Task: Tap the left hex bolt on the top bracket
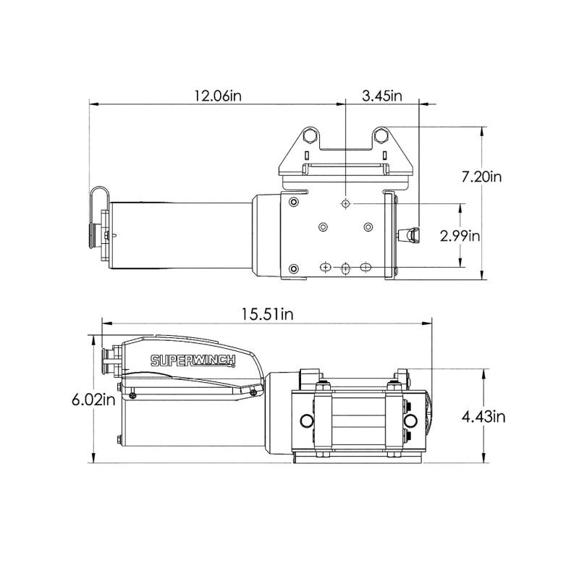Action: point(309,135)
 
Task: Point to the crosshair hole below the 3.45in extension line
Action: point(346,205)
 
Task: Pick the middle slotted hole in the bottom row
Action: point(346,268)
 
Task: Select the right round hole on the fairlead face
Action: point(411,421)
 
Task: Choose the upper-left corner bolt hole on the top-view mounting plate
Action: point(292,201)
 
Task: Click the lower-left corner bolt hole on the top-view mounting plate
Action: point(292,269)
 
